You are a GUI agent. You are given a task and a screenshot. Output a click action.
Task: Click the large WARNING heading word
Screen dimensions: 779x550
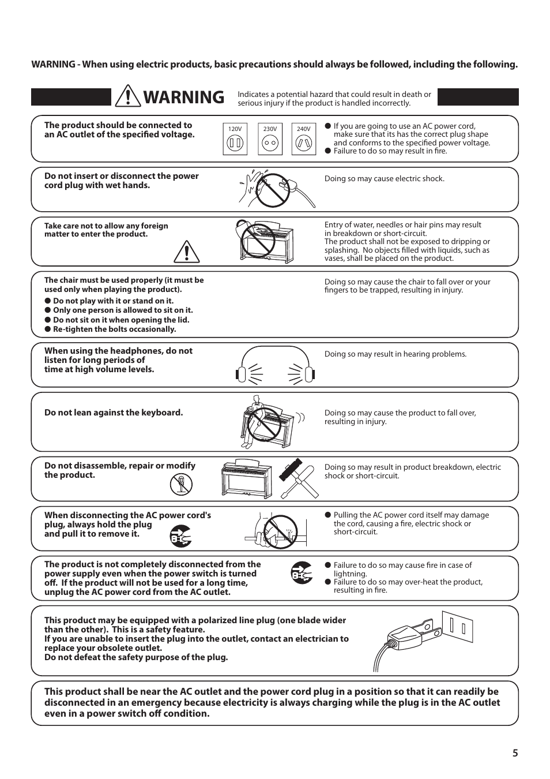click(183, 98)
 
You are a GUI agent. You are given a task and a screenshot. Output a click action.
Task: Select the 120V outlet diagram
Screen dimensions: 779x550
click(235, 140)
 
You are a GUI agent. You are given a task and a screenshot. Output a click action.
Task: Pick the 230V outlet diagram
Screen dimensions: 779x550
click(270, 140)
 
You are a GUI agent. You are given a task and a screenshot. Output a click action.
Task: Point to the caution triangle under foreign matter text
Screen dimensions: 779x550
click(186, 252)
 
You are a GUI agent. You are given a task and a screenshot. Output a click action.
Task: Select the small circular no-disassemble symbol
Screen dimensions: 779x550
click(181, 484)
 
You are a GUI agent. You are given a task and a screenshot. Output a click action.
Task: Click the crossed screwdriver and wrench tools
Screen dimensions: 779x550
click(299, 479)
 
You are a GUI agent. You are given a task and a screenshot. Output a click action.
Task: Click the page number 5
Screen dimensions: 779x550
click(515, 753)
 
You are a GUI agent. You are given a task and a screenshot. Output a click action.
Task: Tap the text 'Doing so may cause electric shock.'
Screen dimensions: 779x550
click(384, 179)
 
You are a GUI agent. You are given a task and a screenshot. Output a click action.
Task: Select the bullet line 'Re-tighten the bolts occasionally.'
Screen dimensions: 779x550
click(114, 329)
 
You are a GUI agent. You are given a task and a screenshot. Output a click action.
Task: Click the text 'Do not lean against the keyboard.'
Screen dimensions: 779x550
click(114, 413)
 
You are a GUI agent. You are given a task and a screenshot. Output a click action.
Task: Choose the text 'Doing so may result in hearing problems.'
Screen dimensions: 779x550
click(395, 354)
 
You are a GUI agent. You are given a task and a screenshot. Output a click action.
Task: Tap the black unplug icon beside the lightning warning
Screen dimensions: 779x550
click(301, 572)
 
